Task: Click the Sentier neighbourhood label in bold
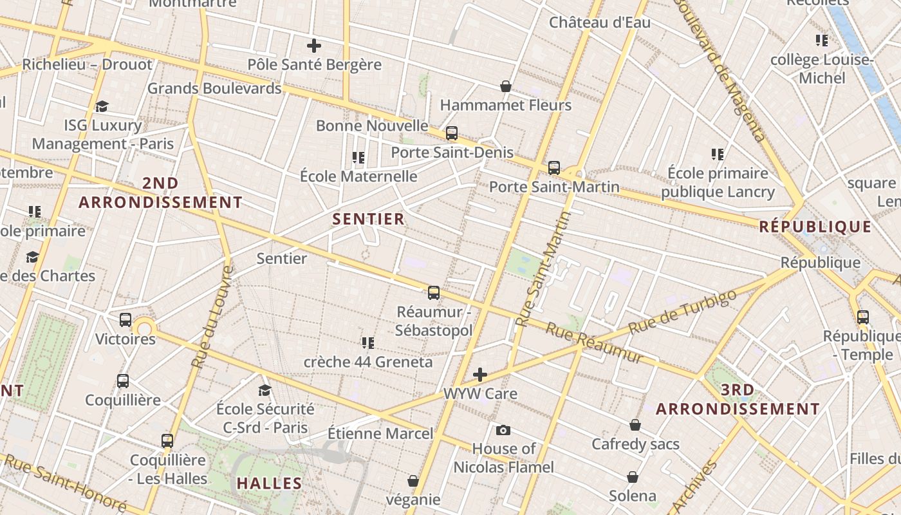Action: (x=368, y=219)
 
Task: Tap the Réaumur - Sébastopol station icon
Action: (x=434, y=293)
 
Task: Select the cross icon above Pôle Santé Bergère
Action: (x=314, y=46)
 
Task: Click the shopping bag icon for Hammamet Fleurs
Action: (x=506, y=86)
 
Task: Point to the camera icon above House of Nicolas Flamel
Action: (x=503, y=430)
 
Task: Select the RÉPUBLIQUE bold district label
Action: (x=815, y=227)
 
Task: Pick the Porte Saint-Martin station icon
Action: (x=554, y=168)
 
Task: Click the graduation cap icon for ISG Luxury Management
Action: (x=102, y=106)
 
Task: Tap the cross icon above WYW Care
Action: (x=480, y=375)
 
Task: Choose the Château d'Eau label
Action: (x=599, y=23)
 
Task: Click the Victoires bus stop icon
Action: (x=125, y=319)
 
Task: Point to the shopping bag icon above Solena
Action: (x=633, y=477)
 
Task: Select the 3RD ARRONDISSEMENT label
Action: (x=738, y=399)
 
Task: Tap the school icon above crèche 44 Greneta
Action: (x=368, y=342)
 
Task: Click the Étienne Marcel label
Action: (x=380, y=433)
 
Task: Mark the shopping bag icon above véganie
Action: (x=413, y=481)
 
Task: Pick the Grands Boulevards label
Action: (x=214, y=88)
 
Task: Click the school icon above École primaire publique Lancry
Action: (x=718, y=154)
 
